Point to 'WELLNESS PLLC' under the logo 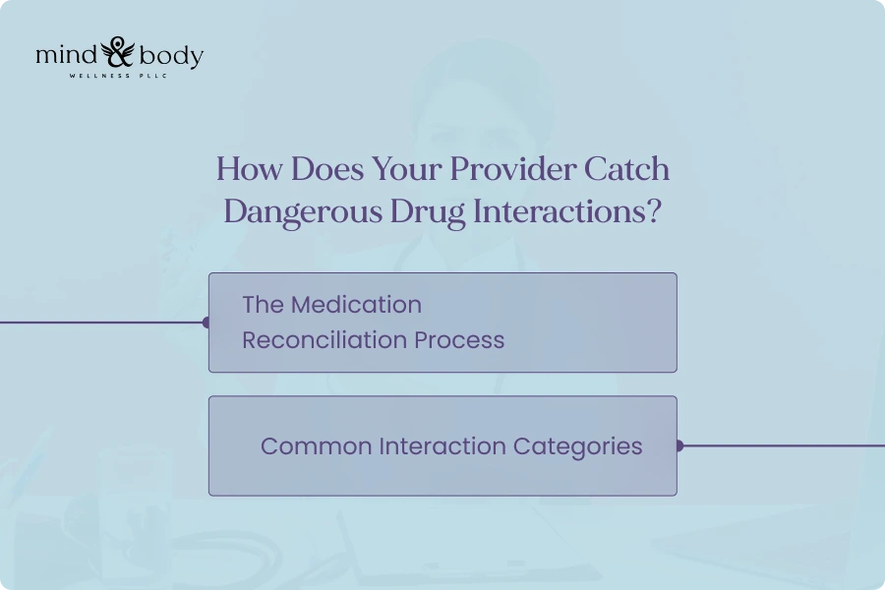point(119,76)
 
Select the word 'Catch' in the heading point(626,169)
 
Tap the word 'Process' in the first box point(459,340)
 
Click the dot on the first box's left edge point(206,323)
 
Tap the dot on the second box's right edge point(678,445)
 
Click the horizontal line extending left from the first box point(98,323)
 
